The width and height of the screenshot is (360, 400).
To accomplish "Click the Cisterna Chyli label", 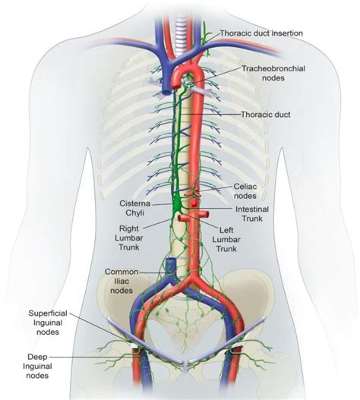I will click(137, 209).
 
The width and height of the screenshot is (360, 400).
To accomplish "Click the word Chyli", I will click(137, 214).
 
